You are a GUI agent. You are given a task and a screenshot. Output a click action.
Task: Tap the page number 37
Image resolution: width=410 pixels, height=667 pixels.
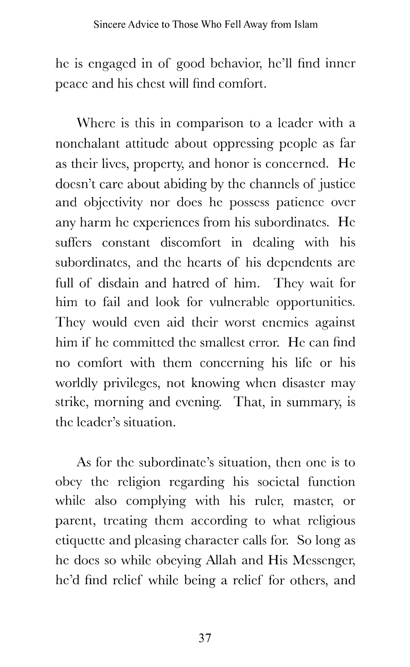(205, 638)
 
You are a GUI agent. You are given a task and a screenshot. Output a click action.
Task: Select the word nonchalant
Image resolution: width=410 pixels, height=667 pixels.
(87, 143)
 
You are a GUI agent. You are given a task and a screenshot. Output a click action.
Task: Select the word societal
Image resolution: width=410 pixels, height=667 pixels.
(278, 482)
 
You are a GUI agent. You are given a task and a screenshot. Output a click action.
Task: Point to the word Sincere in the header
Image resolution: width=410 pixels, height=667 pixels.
(110, 25)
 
